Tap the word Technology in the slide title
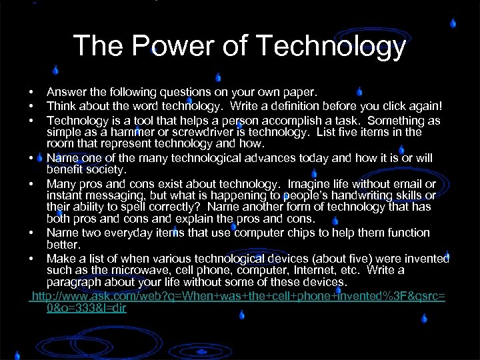[331, 46]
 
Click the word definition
[287, 106]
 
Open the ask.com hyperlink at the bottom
[238, 295]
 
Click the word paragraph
[76, 283]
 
